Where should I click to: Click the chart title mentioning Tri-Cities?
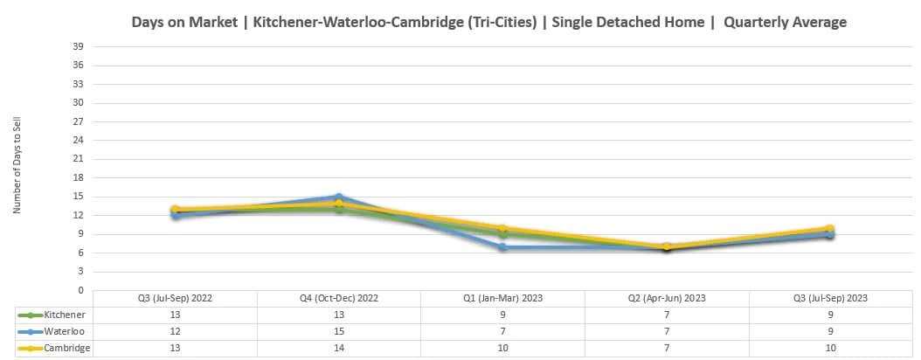[488, 22]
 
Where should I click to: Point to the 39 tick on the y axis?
[79, 46]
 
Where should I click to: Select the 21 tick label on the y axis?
[79, 159]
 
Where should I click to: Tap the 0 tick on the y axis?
[81, 290]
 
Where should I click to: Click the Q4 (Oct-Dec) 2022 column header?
[339, 298]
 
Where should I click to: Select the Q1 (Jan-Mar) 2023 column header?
[502, 298]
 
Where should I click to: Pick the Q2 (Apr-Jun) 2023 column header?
[667, 298]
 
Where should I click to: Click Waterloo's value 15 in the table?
[339, 331]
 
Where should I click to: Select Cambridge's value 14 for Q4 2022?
[339, 348]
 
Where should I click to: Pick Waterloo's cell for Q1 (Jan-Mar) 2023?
[502, 331]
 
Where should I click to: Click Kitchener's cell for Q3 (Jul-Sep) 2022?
[175, 315]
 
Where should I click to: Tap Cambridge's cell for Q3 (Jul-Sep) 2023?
[830, 348]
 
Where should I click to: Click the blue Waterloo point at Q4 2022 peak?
[339, 197]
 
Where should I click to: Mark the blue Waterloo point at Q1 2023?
[502, 247]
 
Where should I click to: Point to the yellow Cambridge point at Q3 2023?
[830, 229]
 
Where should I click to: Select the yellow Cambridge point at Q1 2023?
[502, 229]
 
